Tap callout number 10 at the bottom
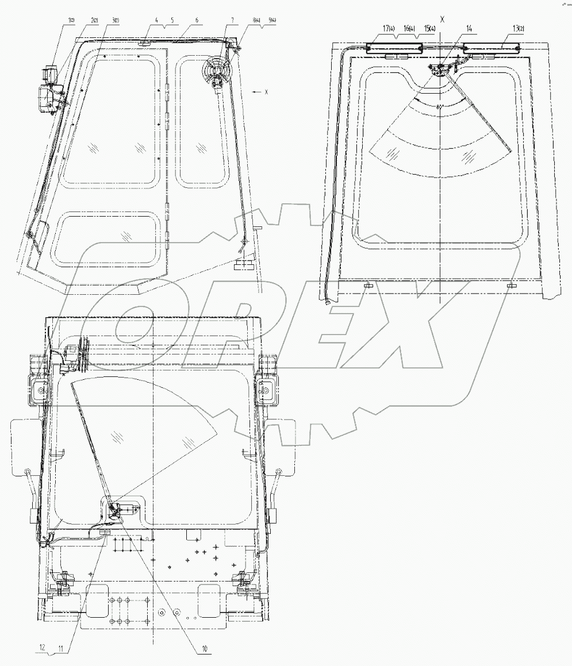[x=204, y=649]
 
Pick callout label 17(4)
[x=390, y=28]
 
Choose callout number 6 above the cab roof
[x=197, y=20]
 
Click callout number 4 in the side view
[x=156, y=20]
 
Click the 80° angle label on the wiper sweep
[x=440, y=107]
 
